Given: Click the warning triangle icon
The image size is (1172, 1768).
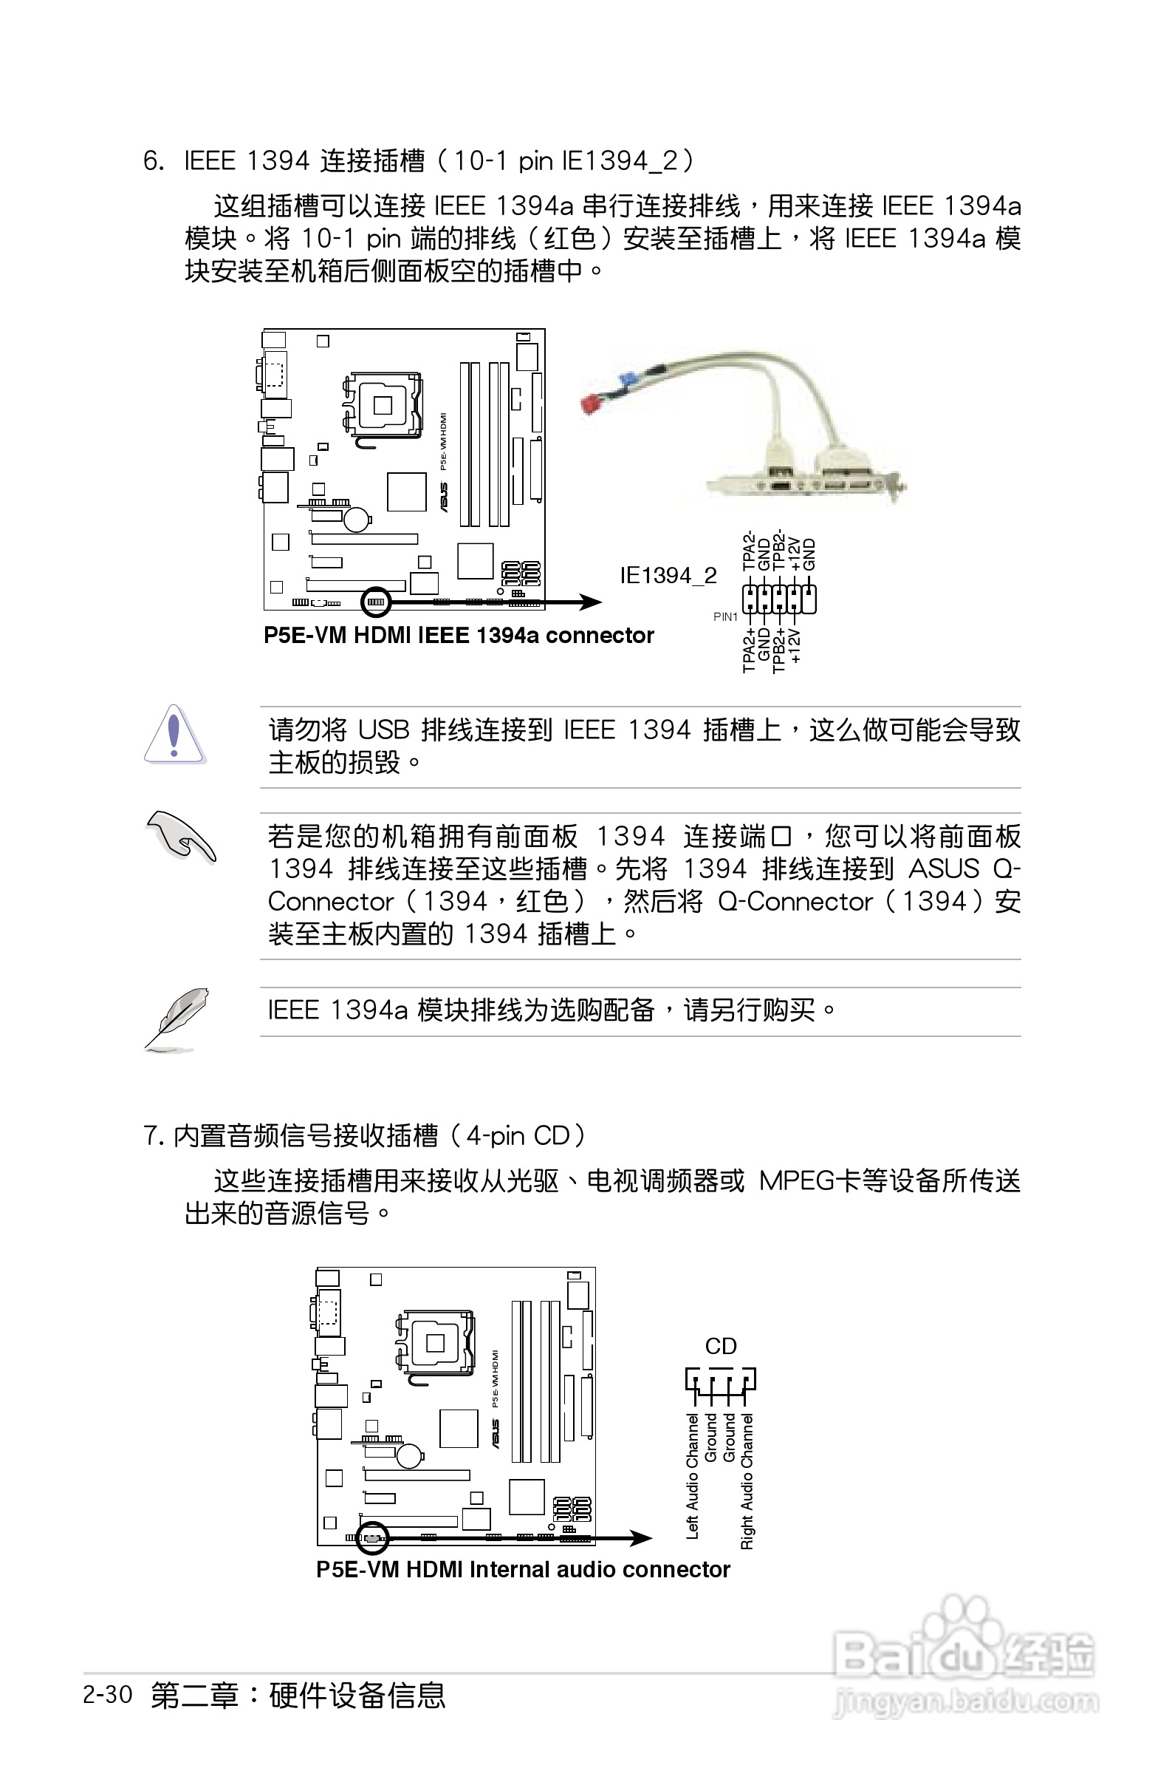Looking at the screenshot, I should coord(174,735).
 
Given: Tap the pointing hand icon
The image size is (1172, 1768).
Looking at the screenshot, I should coord(181,835).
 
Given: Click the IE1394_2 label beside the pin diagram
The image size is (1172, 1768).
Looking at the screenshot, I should coord(668,575).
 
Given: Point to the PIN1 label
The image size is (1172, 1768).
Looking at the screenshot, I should coord(725,617).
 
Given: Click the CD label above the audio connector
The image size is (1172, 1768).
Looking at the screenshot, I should coord(721,1346).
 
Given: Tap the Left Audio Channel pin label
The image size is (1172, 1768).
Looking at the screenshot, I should coord(692,1475).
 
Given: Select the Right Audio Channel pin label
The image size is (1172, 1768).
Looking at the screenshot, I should coord(747,1480).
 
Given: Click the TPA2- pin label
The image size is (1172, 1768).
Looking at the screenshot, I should coord(749,551).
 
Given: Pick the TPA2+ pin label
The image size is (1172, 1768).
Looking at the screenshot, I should coord(749,650).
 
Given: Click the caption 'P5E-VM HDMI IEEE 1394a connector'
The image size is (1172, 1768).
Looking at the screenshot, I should coord(458,636).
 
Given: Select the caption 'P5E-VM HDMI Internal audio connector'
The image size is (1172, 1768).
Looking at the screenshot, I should coord(522,1569).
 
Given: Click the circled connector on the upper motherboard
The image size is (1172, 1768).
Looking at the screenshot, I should coord(375,602).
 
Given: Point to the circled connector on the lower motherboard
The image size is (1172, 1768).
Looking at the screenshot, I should coord(371,1537).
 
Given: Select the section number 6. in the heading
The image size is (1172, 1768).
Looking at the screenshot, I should coord(153,161).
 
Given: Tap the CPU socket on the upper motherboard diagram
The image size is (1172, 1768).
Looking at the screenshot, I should coord(382,405).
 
